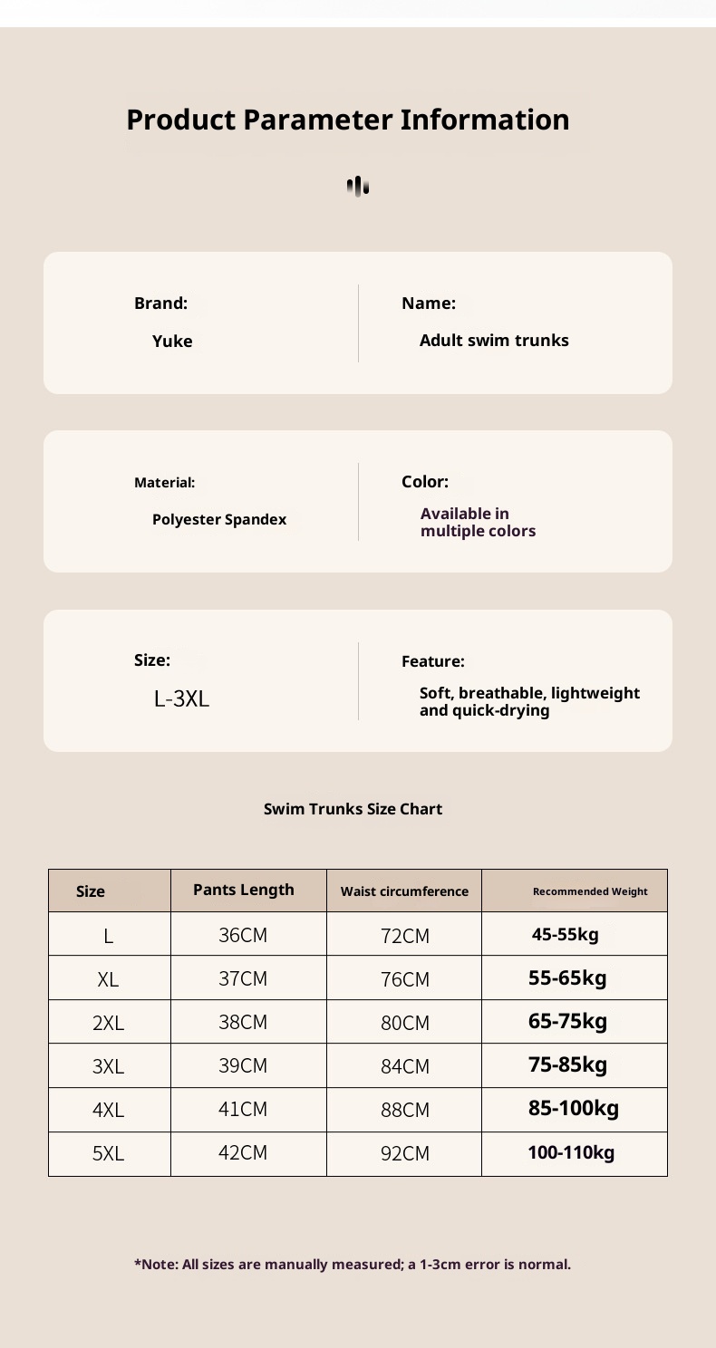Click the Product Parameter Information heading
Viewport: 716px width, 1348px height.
(x=348, y=120)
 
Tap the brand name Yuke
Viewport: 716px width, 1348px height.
(x=172, y=342)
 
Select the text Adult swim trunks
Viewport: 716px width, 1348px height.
(x=494, y=341)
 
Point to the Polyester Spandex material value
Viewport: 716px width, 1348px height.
(x=219, y=520)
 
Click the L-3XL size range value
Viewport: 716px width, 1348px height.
(x=181, y=698)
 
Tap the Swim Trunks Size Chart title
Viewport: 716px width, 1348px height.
(x=353, y=809)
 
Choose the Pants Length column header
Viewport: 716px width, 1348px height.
(x=244, y=890)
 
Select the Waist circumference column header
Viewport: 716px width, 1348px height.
(x=404, y=891)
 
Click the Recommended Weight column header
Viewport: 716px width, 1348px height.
(x=590, y=891)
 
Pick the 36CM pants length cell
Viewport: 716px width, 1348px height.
(x=243, y=935)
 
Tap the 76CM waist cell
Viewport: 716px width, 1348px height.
(x=404, y=980)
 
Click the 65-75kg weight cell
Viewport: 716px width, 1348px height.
(x=567, y=1021)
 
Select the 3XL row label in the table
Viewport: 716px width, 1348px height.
(x=108, y=1067)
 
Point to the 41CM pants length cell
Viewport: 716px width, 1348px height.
(x=243, y=1109)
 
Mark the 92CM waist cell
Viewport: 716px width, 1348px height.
(x=404, y=1154)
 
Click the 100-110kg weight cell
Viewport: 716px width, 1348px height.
(x=571, y=1153)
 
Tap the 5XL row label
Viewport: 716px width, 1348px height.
(x=108, y=1154)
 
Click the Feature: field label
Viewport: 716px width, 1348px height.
(x=432, y=662)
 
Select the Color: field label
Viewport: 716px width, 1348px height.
(x=424, y=482)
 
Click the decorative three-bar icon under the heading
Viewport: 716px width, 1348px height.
(x=358, y=187)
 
